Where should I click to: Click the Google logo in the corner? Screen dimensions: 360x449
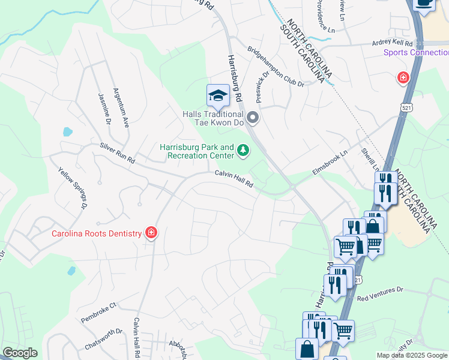pyautogui.click(x=20, y=353)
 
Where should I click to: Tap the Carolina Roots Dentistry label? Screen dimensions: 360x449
pyautogui.click(x=96, y=233)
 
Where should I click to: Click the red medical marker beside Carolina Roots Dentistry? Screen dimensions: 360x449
pyautogui.click(x=151, y=232)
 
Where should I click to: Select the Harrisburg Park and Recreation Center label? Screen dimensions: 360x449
pyautogui.click(x=196, y=152)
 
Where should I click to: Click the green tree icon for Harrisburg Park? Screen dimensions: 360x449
pyautogui.click(x=243, y=150)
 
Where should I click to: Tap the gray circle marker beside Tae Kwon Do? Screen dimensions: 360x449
pyautogui.click(x=253, y=118)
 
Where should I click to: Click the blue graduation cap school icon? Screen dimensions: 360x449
pyautogui.click(x=218, y=95)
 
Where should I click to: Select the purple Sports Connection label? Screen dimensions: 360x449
pyautogui.click(x=416, y=52)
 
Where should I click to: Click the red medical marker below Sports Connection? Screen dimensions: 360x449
pyautogui.click(x=403, y=77)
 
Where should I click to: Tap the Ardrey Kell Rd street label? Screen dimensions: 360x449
pyautogui.click(x=393, y=43)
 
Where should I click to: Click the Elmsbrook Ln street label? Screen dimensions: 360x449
pyautogui.click(x=330, y=163)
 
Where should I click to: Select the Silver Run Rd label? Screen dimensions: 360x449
pyautogui.click(x=118, y=154)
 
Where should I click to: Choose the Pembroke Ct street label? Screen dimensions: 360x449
pyautogui.click(x=98, y=313)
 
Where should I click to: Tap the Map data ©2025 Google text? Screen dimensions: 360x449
pyautogui.click(x=412, y=355)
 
